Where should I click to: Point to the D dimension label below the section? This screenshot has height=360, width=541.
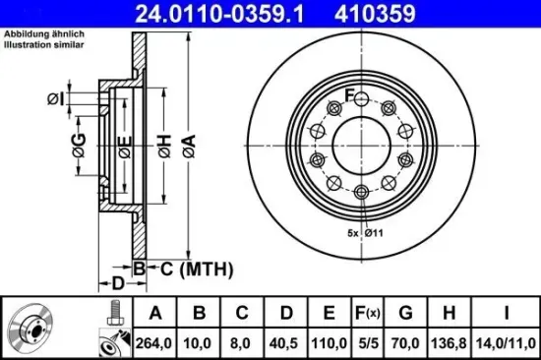(x=118, y=283)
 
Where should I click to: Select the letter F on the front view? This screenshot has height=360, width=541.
(x=348, y=94)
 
